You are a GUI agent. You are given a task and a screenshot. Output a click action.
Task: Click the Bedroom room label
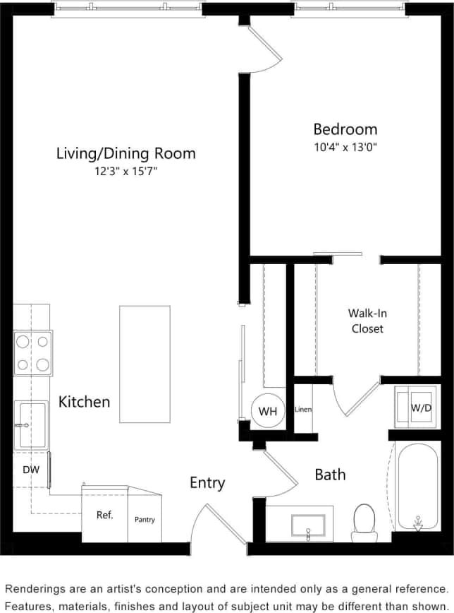coord(345,129)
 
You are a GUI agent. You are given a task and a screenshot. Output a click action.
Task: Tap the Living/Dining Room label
coord(126,153)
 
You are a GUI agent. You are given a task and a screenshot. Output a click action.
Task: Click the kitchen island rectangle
coord(145,364)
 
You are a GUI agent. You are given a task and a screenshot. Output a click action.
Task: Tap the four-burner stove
coord(33,353)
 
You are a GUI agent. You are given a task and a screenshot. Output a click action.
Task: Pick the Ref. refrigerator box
coord(105,515)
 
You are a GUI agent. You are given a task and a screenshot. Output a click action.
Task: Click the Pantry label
coord(145,520)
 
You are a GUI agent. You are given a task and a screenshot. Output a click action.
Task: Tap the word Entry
coord(207,483)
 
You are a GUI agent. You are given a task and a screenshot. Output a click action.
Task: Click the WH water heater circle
coord(267,411)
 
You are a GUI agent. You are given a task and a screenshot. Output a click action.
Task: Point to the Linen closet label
coord(303,409)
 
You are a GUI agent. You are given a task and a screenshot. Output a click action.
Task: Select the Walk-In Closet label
coord(367,321)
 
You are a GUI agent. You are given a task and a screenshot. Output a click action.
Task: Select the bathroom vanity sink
coord(308,525)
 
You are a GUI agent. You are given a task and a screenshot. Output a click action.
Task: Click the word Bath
coord(330,475)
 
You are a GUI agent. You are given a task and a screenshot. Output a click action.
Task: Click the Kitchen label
coord(84,402)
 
